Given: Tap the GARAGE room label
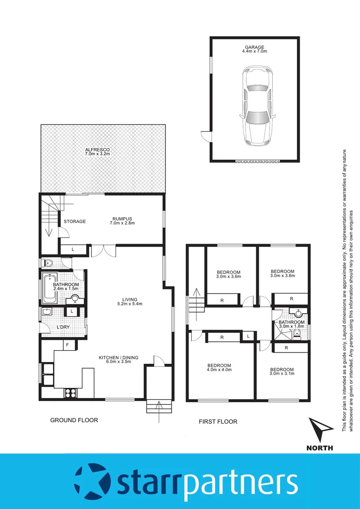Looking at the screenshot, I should (x=254, y=47).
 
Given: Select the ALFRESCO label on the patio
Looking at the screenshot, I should (x=98, y=149).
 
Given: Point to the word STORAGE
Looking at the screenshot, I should (x=74, y=222).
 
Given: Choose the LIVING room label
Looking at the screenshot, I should (x=129, y=299).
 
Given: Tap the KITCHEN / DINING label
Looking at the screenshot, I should (x=118, y=358).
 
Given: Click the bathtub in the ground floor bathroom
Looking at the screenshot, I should (x=49, y=288).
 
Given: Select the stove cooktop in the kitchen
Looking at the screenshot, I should (x=71, y=392).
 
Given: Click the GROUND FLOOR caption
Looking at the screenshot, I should (x=74, y=420).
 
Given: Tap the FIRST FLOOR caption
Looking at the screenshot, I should (x=218, y=421).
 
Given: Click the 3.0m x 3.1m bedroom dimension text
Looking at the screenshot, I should (x=282, y=375).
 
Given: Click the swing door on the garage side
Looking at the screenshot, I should (x=206, y=136).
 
